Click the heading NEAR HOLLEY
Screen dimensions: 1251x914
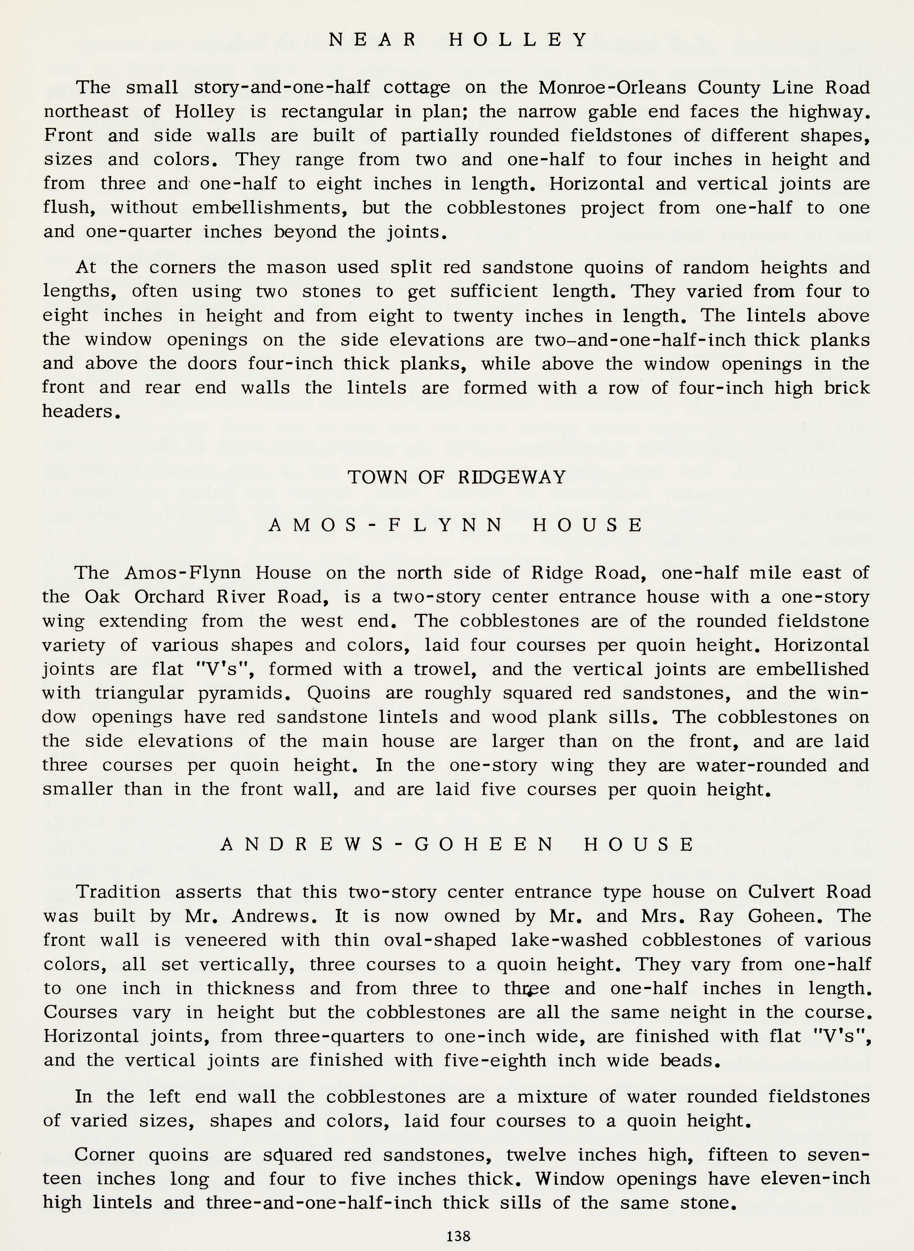458,40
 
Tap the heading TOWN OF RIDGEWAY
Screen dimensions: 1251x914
457,477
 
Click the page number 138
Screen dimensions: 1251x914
458,1236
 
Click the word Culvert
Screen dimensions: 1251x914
780,892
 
